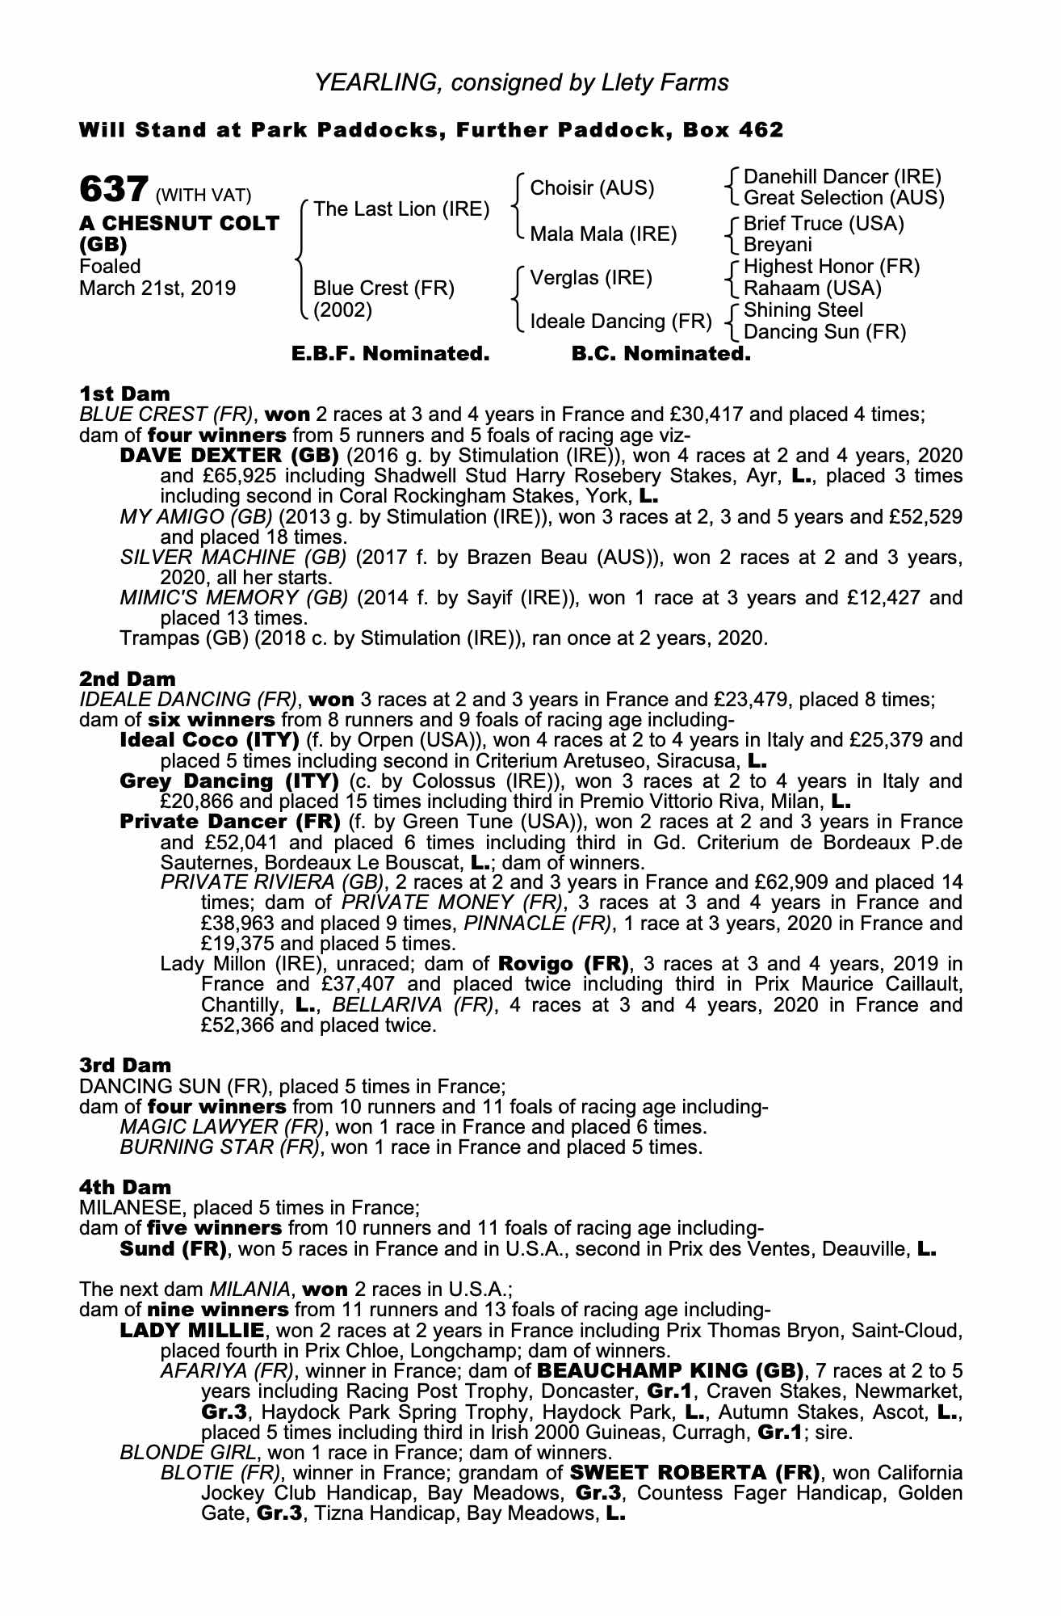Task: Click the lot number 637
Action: [113, 190]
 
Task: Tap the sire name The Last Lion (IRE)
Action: [401, 209]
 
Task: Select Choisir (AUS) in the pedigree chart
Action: [592, 188]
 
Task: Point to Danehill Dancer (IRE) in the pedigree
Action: [842, 177]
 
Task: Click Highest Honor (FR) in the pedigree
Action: [832, 267]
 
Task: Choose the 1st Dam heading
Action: [124, 393]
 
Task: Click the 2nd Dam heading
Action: [127, 679]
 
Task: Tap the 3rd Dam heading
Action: [125, 1065]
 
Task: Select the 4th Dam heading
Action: [125, 1187]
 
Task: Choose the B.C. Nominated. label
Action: [661, 354]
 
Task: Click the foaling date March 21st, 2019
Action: [157, 288]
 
